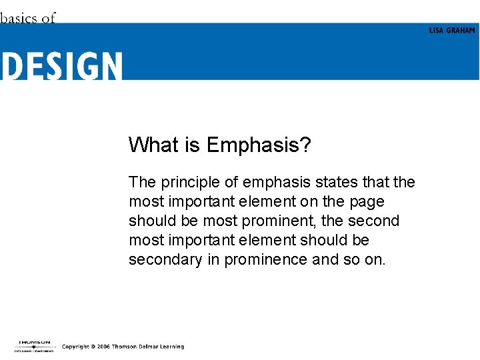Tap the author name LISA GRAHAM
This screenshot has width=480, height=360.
[452, 31]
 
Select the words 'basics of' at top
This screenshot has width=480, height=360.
[28, 18]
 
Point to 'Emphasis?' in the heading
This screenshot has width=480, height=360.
[259, 145]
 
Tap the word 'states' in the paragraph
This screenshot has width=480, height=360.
[333, 182]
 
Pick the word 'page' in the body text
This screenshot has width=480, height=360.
[367, 201]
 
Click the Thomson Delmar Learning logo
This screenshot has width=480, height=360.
[34, 346]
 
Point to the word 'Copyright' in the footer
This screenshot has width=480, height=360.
[75, 347]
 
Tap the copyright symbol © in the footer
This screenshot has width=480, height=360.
[92, 347]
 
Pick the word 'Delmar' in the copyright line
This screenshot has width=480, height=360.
[147, 347]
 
